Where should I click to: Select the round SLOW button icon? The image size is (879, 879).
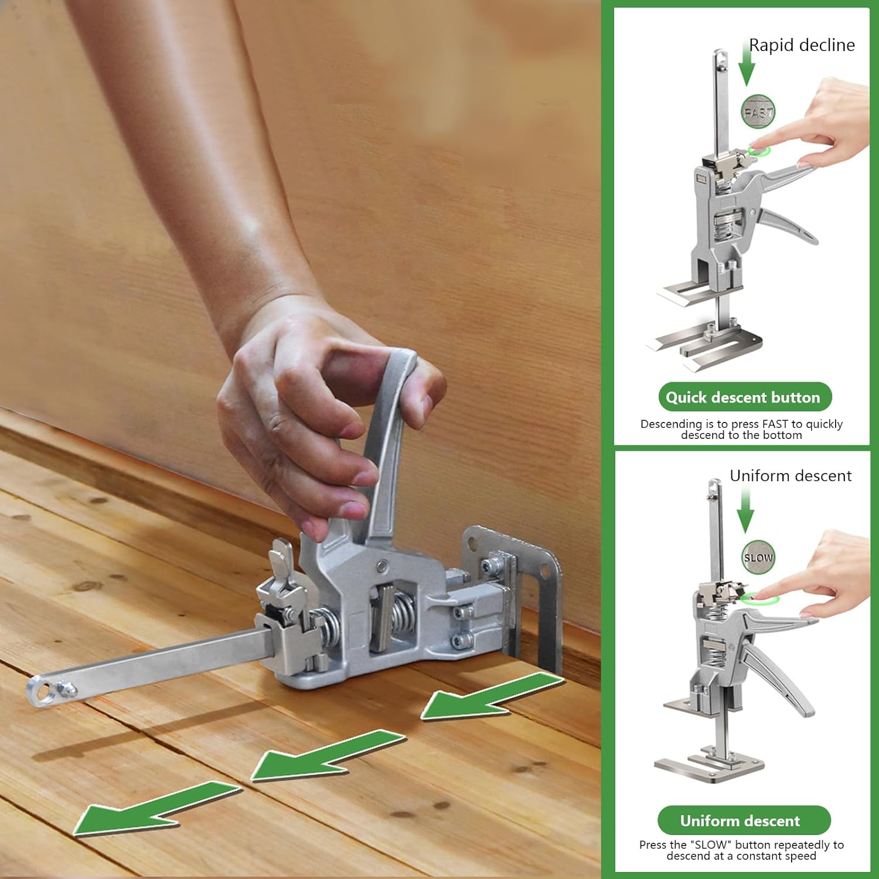[x=758, y=557]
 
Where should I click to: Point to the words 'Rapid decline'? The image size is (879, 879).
[x=802, y=45]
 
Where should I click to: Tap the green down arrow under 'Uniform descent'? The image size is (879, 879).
[x=745, y=509]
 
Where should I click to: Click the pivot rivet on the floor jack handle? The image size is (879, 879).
[x=382, y=566]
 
